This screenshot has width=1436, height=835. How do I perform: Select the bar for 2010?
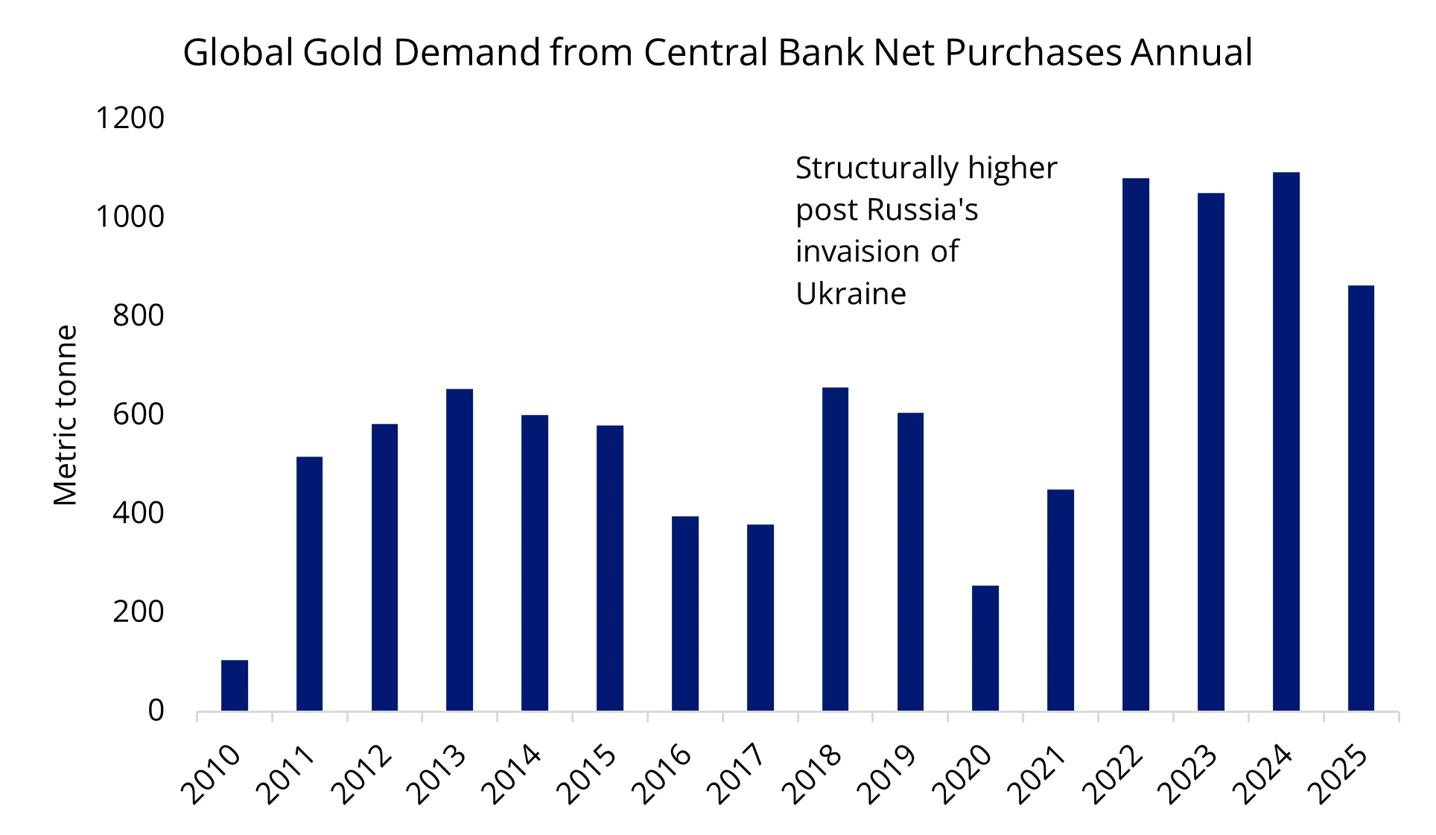235,685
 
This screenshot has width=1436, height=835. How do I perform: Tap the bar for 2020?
985,648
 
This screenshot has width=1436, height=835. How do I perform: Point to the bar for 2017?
760,617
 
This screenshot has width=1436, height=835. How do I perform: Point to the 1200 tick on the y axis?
130,118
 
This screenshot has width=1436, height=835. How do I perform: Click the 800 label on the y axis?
139,316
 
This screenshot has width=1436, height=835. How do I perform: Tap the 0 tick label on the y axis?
156,711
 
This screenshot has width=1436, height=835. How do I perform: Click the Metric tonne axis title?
66,415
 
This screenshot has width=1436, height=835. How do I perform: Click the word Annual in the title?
1191,52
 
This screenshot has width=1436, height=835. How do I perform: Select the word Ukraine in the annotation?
851,293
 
